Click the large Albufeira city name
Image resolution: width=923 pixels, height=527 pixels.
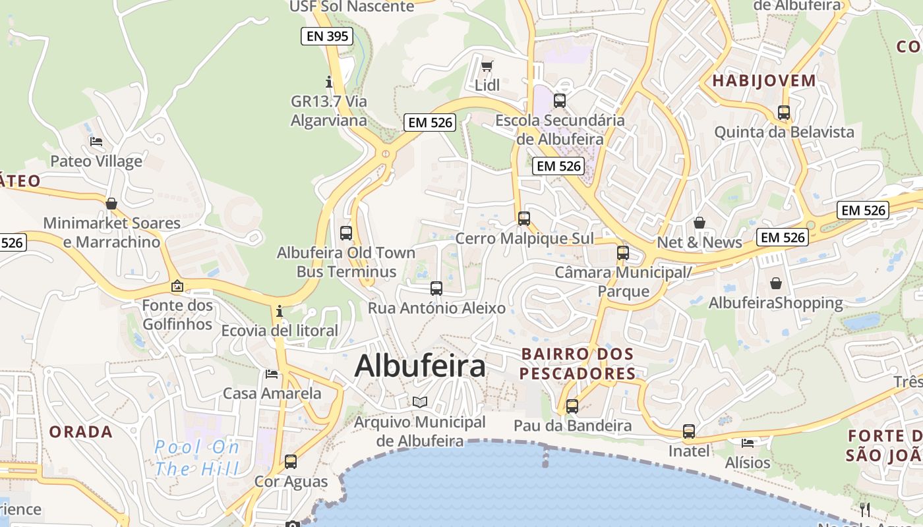point(420,366)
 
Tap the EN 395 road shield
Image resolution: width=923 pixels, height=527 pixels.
point(327,36)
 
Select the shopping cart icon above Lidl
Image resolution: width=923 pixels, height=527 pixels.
point(487,66)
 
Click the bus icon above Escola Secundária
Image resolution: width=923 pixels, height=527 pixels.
point(559,101)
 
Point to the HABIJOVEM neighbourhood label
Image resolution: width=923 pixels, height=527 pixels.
point(764,81)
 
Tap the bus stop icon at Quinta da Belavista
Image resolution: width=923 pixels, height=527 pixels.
point(783,113)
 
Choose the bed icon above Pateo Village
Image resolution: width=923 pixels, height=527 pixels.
point(96,142)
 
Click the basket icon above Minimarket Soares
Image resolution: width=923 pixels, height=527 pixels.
point(111,204)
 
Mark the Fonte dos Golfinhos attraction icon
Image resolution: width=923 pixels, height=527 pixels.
point(177,286)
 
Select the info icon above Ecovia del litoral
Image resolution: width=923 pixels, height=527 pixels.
point(280,311)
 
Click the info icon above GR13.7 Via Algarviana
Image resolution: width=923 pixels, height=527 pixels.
point(329,82)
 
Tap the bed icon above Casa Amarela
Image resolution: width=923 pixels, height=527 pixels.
point(272,374)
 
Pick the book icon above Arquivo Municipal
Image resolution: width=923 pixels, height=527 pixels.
point(419,402)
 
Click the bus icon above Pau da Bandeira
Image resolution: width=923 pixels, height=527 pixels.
point(572,406)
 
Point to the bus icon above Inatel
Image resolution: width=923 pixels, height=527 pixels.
point(689,431)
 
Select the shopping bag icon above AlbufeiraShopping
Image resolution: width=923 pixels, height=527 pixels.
point(775,283)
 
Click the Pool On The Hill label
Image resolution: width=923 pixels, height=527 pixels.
point(197,458)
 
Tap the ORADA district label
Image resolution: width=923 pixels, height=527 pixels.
point(81,432)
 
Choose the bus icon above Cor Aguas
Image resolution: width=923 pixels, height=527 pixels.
point(291,462)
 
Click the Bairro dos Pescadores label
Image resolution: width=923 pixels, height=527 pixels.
point(578,364)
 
